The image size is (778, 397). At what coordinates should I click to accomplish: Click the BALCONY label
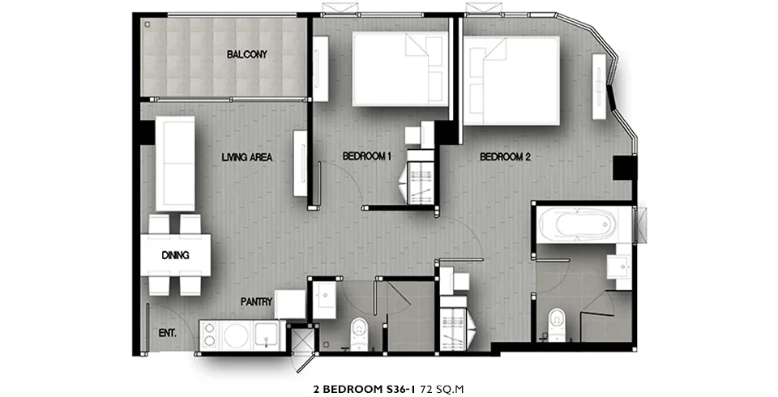pyautogui.click(x=246, y=54)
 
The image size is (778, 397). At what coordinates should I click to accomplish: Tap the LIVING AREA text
pyautogui.click(x=247, y=157)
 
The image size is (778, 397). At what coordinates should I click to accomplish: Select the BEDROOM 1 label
pyautogui.click(x=367, y=156)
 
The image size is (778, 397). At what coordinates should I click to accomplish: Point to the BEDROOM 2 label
pyautogui.click(x=505, y=157)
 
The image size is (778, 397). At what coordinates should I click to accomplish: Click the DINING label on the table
pyautogui.click(x=175, y=255)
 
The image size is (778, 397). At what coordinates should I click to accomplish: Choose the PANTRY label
pyautogui.click(x=257, y=301)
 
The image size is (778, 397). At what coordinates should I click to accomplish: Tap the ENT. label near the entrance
pyautogui.click(x=167, y=333)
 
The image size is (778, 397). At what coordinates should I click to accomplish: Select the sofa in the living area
pyautogui.click(x=175, y=164)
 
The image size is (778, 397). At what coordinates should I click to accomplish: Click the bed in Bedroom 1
pyautogui.click(x=400, y=69)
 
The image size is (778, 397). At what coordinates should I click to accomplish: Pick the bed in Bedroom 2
pyautogui.click(x=511, y=80)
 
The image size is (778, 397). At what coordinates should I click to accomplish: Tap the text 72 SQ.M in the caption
pyautogui.click(x=442, y=389)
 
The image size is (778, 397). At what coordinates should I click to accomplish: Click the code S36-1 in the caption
pyautogui.click(x=401, y=389)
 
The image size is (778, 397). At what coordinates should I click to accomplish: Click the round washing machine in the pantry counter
pyautogui.click(x=236, y=335)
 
